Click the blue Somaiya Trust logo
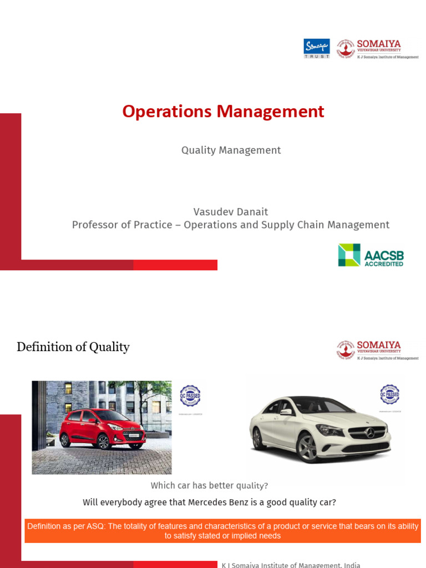[x=317, y=48]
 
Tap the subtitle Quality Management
[x=231, y=150]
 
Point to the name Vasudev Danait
[x=231, y=211]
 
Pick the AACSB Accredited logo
[x=371, y=255]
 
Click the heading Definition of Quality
[x=73, y=347]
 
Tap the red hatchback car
[x=102, y=428]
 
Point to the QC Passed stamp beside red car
[x=190, y=396]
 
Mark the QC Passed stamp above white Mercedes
[x=389, y=395]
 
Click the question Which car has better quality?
[x=209, y=486]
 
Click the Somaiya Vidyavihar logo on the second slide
[x=377, y=350]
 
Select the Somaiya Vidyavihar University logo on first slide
[x=377, y=49]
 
